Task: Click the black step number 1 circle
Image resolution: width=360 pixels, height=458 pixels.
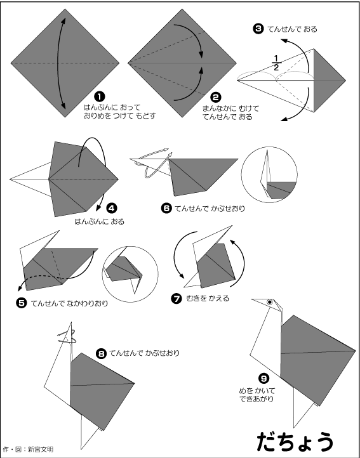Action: point(100,96)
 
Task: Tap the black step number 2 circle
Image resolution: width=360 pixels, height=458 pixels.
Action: point(216,98)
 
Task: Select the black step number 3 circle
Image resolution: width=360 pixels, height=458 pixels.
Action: point(258,29)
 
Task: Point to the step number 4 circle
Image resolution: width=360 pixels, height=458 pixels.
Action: point(112,208)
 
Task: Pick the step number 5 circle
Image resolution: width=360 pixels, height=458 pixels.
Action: point(22,303)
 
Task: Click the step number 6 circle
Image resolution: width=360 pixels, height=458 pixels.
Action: point(166,208)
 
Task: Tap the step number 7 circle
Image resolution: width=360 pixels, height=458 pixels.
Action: point(177,299)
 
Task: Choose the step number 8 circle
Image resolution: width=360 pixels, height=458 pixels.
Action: point(101,354)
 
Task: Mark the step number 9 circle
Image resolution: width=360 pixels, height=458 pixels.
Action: point(263,379)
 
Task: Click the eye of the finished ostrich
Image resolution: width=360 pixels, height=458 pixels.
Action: point(270,303)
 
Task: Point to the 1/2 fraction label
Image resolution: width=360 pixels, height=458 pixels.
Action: point(276,63)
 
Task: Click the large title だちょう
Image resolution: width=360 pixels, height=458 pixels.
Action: point(295,441)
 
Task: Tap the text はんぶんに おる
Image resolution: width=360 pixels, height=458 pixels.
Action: point(99,221)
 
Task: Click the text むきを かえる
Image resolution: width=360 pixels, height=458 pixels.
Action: point(208,299)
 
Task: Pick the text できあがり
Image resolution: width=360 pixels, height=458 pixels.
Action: point(257,399)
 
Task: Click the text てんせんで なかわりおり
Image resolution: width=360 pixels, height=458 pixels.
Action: point(69,303)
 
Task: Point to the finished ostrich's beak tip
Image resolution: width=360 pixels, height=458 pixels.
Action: point(252,299)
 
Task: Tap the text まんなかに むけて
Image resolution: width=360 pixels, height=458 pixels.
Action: point(230,109)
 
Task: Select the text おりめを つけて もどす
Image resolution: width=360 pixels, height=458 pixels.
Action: point(120,116)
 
